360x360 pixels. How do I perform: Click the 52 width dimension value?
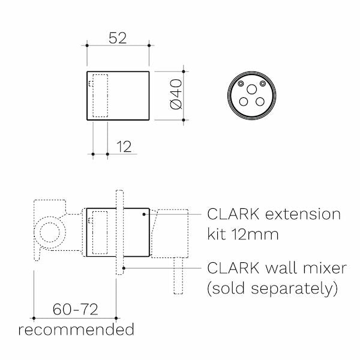118,37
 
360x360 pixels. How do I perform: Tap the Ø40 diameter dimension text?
176,95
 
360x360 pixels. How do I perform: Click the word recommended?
76,329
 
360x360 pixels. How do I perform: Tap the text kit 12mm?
243,234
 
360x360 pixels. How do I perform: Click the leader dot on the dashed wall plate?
124,266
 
